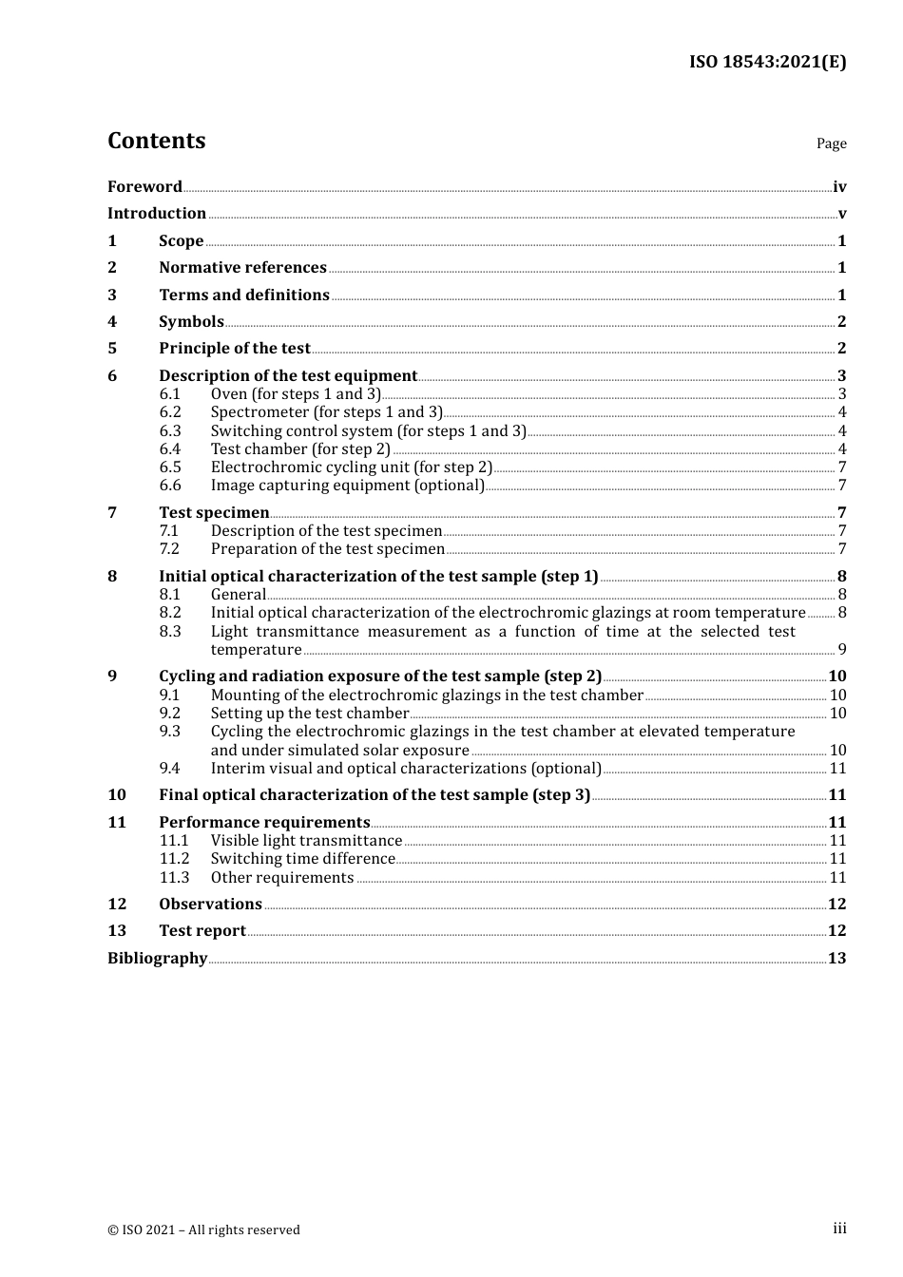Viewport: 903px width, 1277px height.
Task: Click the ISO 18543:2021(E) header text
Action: [x=767, y=62]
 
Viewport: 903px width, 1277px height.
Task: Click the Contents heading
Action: [x=156, y=141]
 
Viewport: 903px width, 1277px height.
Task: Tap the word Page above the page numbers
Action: [x=831, y=143]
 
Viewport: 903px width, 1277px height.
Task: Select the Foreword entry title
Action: [x=144, y=187]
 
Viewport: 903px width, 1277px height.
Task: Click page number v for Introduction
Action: [x=841, y=214]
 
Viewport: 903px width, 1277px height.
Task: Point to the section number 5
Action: [x=112, y=349]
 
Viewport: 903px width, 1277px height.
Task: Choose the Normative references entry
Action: [x=242, y=268]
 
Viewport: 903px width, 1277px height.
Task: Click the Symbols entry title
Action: [x=191, y=322]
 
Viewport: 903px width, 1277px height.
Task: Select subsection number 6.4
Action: [x=170, y=449]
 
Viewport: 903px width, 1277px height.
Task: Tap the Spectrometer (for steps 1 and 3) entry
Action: [x=326, y=412]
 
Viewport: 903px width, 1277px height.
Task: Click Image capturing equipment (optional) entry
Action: [x=347, y=486]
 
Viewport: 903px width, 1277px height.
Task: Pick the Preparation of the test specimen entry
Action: [x=327, y=549]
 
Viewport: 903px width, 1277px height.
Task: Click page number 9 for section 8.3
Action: [x=841, y=650]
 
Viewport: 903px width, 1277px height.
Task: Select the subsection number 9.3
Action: [x=170, y=732]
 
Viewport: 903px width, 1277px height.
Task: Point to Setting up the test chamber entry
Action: [x=309, y=714]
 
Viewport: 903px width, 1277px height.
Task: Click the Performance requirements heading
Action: [x=264, y=823]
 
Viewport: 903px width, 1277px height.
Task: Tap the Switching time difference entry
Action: [x=302, y=859]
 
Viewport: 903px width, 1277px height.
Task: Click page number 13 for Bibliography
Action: [x=836, y=959]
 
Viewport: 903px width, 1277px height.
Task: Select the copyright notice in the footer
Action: [x=203, y=1230]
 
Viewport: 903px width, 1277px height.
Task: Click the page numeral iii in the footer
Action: [x=839, y=1229]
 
